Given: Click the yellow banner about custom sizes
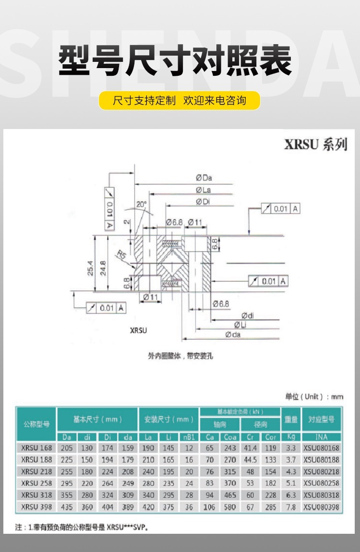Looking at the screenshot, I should pos(180,101).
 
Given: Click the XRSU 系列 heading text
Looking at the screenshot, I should pos(315,144).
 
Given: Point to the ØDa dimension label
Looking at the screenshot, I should pos(204,178).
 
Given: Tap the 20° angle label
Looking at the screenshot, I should pos(141,204).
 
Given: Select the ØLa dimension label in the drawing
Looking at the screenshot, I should pos(204,190).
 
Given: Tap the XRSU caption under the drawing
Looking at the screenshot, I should pos(138,330).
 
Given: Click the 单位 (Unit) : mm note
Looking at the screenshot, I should pos(314,397).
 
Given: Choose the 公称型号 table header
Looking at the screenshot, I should pos(36,424).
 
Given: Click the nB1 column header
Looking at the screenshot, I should pos(188,437).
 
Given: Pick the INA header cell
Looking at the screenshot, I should pos(321,437).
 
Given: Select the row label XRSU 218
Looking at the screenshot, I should pos(36,471).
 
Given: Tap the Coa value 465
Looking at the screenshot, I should pos(229,495).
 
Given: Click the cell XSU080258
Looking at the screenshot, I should pos(321,483).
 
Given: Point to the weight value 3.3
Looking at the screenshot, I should pos(291,448).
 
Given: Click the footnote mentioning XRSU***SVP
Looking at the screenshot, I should pos(80,528).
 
